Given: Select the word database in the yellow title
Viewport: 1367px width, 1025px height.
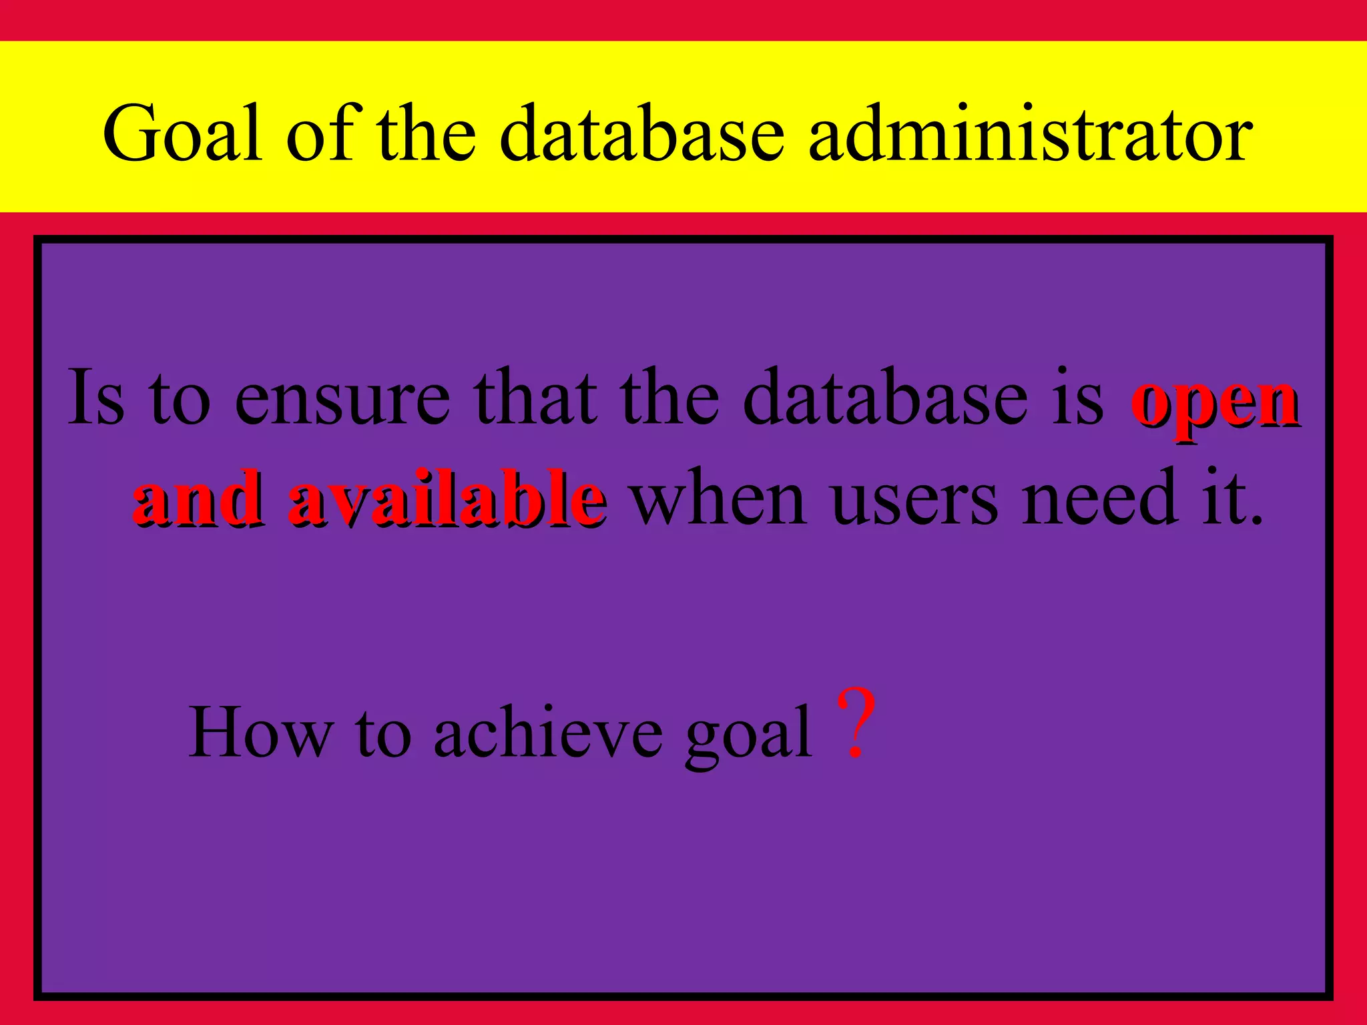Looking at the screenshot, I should tap(641, 133).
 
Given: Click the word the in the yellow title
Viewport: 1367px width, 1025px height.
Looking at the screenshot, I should tap(427, 133).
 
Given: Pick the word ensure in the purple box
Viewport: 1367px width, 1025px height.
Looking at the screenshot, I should tap(342, 399).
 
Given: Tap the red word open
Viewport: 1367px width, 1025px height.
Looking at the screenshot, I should tap(1215, 404).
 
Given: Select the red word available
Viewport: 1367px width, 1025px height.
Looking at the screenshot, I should tap(447, 498).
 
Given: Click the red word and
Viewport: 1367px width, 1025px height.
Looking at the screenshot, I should tap(197, 498).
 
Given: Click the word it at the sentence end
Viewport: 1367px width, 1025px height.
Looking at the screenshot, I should tap(1232, 497).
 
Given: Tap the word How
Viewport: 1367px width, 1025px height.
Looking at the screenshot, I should tap(260, 733).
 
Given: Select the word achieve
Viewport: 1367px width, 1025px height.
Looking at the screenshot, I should tap(548, 733).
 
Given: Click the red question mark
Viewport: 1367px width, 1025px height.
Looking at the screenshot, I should tap(856, 724).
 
